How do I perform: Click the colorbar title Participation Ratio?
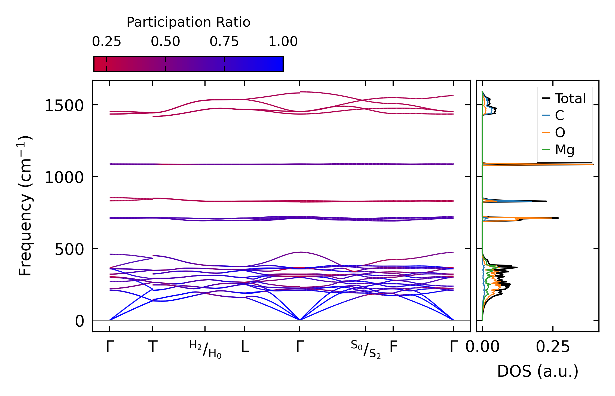tap(188, 22)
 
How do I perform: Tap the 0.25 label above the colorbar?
tap(106, 42)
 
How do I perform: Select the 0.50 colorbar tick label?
tap(165, 42)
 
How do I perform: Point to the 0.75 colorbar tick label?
tap(224, 42)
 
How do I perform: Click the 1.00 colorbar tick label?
tap(283, 42)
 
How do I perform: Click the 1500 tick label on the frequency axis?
tap(64, 106)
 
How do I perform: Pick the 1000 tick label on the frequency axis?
tap(64, 177)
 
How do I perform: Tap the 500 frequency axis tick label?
tap(69, 249)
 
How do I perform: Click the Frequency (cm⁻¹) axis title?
tap(25, 206)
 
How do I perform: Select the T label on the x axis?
tap(152, 347)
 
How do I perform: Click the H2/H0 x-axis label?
tap(205, 349)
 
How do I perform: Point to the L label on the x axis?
tap(245, 347)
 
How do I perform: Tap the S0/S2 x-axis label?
tap(365, 349)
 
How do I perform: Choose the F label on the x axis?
tap(393, 347)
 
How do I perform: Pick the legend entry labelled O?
tap(560, 133)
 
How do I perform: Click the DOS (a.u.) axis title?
tap(538, 371)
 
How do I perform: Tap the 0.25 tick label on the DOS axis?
tap(553, 347)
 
